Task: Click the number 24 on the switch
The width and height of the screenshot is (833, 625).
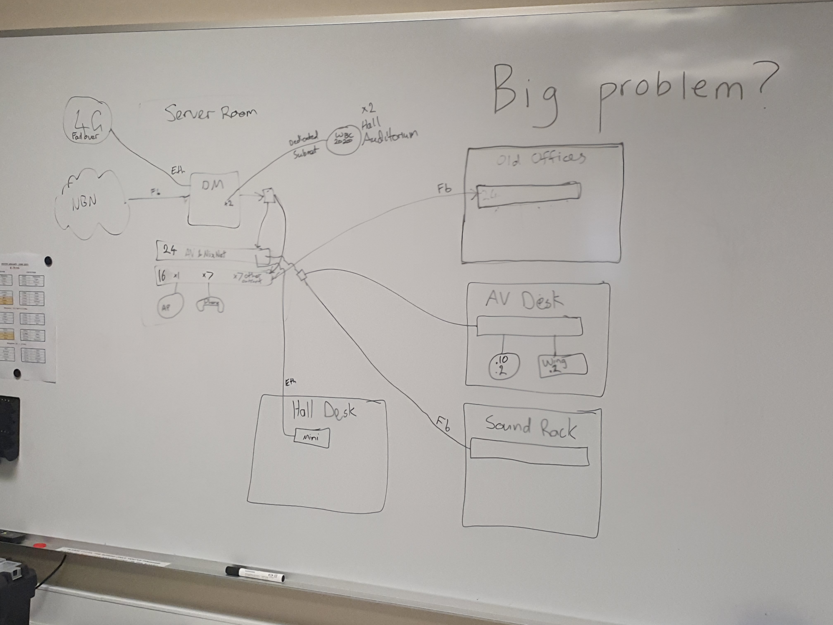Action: (169, 250)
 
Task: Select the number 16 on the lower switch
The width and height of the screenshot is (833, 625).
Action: (162, 276)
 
